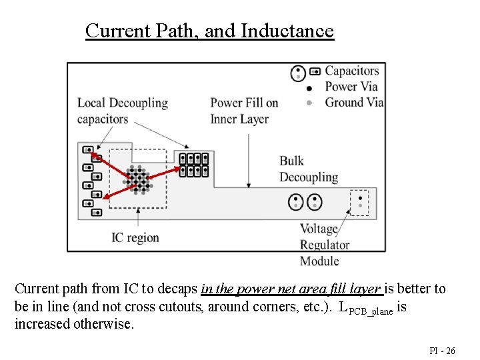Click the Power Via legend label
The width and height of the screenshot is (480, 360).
coord(351,86)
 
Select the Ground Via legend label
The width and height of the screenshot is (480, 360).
coord(354,102)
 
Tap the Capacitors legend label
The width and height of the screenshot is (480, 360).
coord(351,71)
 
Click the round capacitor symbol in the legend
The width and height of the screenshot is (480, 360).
coord(298,73)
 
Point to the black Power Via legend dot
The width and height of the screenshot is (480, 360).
coord(309,87)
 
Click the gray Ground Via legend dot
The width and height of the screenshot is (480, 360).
coord(309,103)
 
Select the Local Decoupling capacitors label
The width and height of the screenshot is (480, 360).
coord(122,111)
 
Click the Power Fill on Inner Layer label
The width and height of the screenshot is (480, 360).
coord(243,111)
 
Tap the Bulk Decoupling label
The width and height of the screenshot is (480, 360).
coord(308,169)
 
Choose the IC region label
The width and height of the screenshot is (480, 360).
coord(135,237)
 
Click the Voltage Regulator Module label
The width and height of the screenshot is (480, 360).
coord(324,245)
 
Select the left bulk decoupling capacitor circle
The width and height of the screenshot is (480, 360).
coord(296,202)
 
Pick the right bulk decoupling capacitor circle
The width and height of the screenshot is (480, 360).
coord(314,202)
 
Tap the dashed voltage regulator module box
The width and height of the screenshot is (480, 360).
coord(359,201)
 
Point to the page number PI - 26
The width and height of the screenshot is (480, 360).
coord(441,350)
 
